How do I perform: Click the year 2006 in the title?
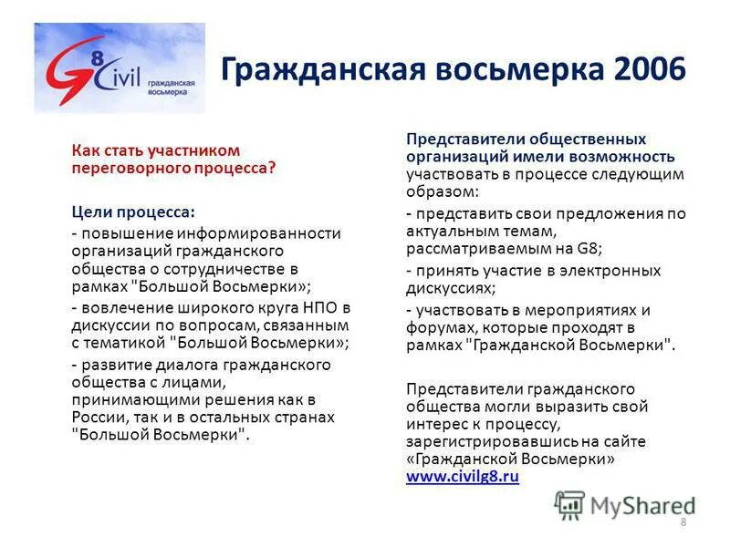tap(644, 69)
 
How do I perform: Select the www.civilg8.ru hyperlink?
tap(463, 476)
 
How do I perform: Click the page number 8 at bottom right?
tap(683, 521)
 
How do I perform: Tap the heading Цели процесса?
tap(133, 212)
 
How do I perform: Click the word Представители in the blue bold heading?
tap(464, 139)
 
